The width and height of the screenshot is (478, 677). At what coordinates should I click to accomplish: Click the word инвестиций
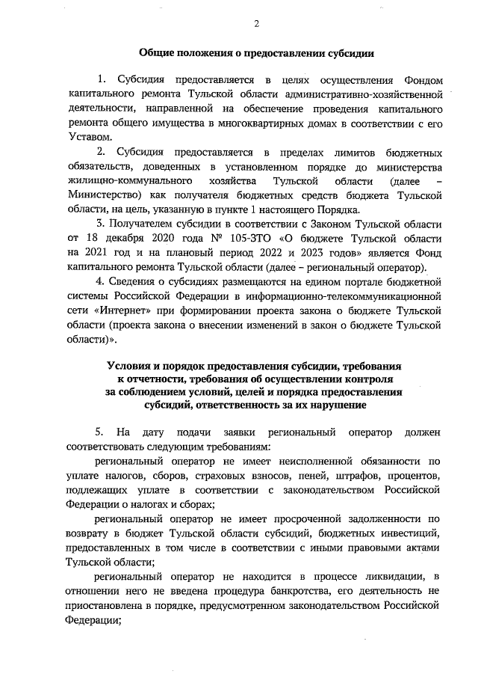pos(397,533)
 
